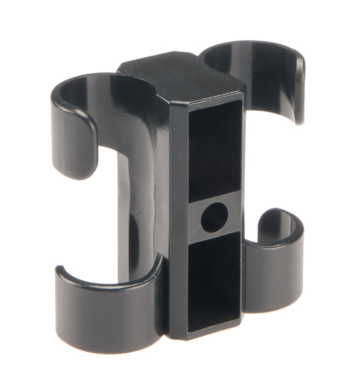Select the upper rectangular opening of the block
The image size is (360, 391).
point(215,154)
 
